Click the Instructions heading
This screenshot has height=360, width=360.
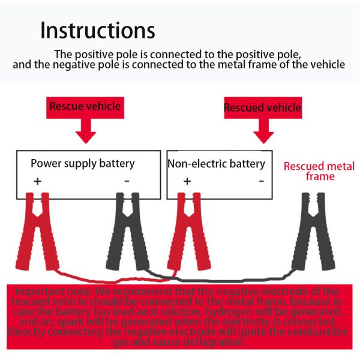tap(98, 30)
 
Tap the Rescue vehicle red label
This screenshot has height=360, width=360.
tap(85, 107)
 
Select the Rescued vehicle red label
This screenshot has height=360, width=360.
tap(262, 108)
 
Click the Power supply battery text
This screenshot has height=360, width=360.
tap(83, 163)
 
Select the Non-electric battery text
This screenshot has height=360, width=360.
tap(216, 164)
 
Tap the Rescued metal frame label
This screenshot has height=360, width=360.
tap(319, 171)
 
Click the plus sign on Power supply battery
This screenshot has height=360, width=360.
tap(37, 180)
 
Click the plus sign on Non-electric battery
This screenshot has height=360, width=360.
tap(187, 180)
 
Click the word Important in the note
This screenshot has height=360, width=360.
tap(34, 292)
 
